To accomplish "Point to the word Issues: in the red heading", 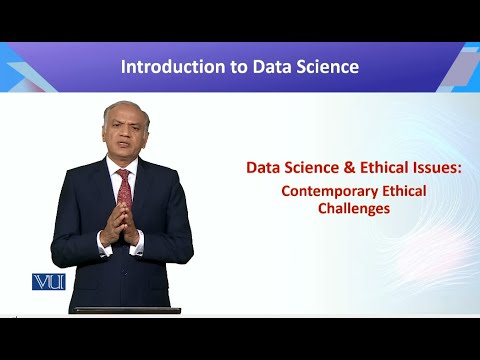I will pos(432,167).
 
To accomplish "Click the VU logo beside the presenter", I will pos(48,281).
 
